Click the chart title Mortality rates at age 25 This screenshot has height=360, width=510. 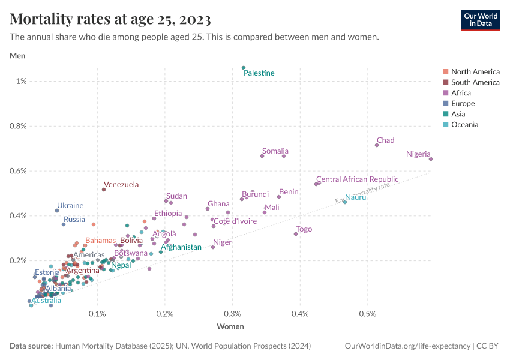110,20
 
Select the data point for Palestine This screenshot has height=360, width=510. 244,68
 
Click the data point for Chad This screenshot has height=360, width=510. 377,145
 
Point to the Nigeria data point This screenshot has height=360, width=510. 431,159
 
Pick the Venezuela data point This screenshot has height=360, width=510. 104,190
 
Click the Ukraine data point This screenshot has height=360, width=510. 57,211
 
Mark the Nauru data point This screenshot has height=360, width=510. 345,202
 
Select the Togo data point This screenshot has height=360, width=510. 296,234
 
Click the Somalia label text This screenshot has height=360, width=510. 275,151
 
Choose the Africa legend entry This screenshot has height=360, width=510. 461,93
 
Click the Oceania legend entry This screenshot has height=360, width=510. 464,125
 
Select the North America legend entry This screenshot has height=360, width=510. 475,72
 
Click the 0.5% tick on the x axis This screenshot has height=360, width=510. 368,314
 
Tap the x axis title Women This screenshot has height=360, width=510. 230,326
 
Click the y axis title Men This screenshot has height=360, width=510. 17,56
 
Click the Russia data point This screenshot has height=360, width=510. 64,224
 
